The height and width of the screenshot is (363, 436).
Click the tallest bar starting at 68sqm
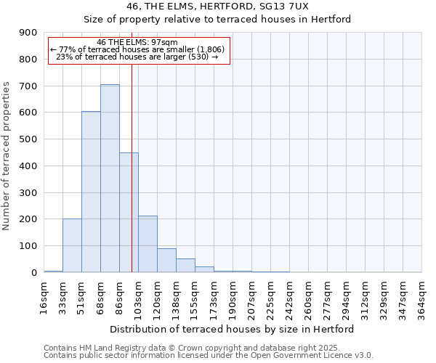[x=110, y=179]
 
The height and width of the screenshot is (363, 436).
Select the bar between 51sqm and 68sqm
[x=91, y=192]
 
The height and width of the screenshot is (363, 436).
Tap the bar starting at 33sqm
[x=72, y=245]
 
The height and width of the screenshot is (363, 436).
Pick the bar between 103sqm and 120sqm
[x=148, y=244]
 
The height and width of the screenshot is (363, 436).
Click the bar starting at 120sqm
[x=166, y=260]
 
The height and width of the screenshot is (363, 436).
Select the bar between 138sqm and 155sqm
[x=185, y=265]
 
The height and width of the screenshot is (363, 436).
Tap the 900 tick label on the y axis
[x=28, y=33]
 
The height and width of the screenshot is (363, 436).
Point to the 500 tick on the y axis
[x=28, y=139]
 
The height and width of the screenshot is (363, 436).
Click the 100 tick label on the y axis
[x=28, y=246]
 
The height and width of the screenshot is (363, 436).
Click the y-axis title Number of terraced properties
[x=7, y=156]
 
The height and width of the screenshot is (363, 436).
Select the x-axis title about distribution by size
[x=233, y=329]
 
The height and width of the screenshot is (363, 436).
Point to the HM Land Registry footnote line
[x=196, y=348]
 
